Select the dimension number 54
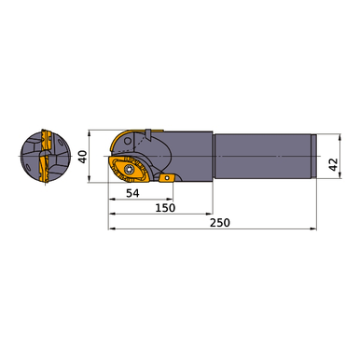tap(132, 193)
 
